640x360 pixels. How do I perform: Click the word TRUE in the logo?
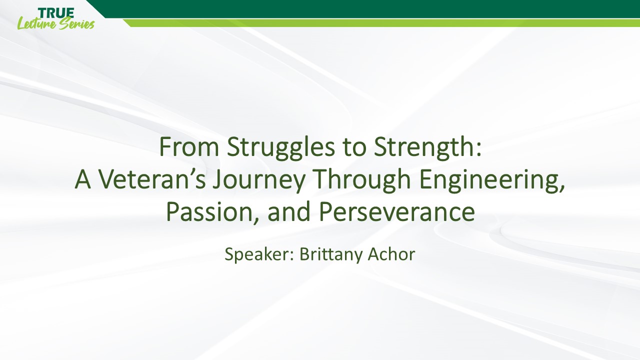pyautogui.click(x=56, y=13)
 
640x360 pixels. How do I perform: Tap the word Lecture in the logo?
pyautogui.click(x=37, y=23)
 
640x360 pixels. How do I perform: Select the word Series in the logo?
pyautogui.click(x=77, y=24)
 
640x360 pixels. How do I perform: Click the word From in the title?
pyautogui.click(x=189, y=146)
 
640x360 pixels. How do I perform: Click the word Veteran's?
pyautogui.click(x=152, y=179)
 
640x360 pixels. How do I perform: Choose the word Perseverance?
pyautogui.click(x=397, y=212)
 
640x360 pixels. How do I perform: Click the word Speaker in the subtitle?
pyautogui.click(x=257, y=255)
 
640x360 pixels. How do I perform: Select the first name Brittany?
pyautogui.click(x=329, y=255)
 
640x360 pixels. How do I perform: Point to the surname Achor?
pyautogui.click(x=391, y=254)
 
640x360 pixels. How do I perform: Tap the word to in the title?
pyautogui.click(x=354, y=148)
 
